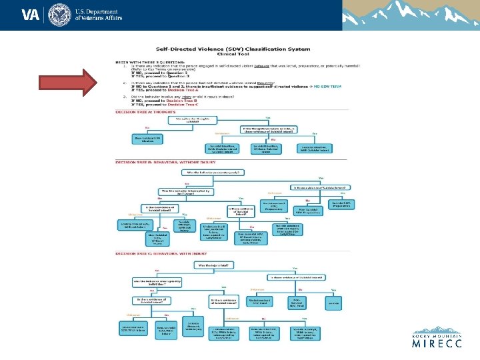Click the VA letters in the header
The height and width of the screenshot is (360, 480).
click(x=30, y=15)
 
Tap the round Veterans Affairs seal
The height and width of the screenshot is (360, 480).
click(x=58, y=15)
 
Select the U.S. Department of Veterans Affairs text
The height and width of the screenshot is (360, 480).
click(x=97, y=15)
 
